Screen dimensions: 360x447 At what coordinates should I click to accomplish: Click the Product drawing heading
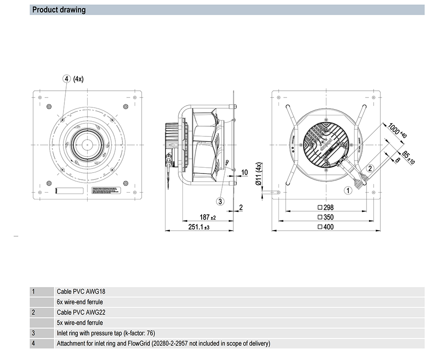(59, 9)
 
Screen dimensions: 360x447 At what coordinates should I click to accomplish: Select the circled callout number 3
(220, 201)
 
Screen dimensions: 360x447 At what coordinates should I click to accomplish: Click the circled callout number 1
(347, 191)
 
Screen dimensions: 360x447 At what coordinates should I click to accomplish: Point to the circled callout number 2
(370, 168)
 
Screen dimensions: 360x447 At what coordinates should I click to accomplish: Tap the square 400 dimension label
(325, 227)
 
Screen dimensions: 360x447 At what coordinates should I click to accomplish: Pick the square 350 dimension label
(325, 217)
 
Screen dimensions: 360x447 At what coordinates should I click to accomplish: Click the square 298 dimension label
(325, 208)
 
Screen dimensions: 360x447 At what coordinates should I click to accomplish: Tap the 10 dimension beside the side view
(245, 172)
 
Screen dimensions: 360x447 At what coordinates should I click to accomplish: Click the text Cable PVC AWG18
(81, 292)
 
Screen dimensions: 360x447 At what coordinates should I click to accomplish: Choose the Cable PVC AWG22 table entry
(81, 312)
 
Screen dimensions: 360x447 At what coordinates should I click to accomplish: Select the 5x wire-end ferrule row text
(80, 322)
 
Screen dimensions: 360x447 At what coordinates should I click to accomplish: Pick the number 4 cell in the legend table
(34, 343)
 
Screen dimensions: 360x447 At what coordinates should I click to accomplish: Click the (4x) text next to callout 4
(78, 79)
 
